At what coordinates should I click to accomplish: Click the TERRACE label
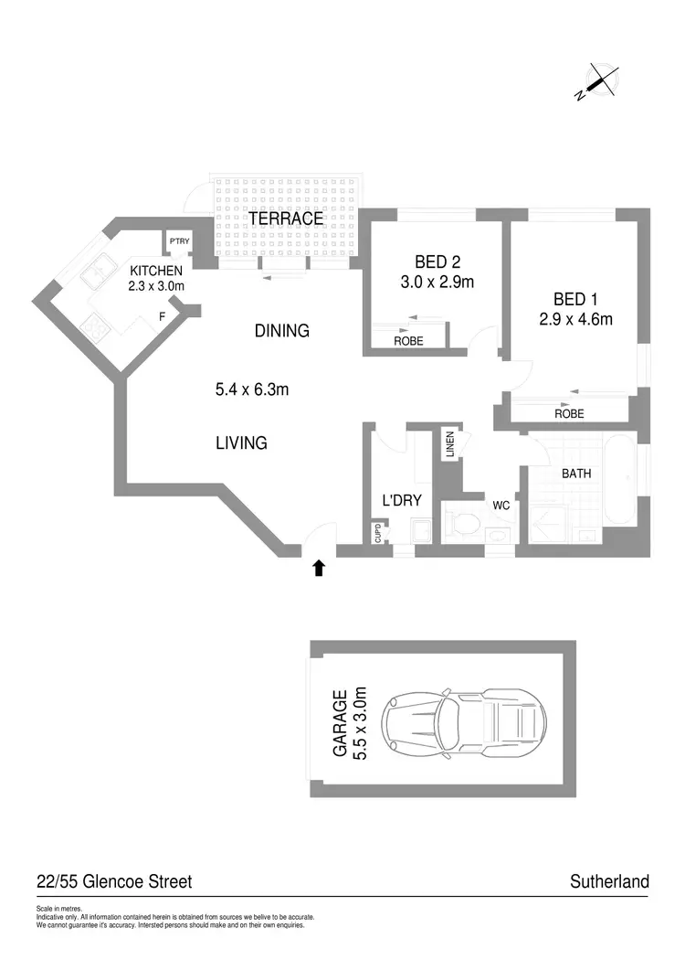286,219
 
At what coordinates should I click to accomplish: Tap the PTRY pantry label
178,241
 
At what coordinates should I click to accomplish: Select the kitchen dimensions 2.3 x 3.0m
157,285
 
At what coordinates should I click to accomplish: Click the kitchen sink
97,275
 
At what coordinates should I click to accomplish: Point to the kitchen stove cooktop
95,324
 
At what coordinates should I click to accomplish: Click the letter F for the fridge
162,316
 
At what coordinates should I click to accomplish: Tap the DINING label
282,331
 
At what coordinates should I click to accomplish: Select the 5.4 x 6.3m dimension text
252,390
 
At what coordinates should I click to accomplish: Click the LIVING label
241,443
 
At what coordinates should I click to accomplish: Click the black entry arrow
319,568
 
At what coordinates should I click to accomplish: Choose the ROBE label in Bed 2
407,340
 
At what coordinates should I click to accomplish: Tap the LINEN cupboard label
450,444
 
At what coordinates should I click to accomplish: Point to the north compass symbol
599,80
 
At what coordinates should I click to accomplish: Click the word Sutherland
609,881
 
